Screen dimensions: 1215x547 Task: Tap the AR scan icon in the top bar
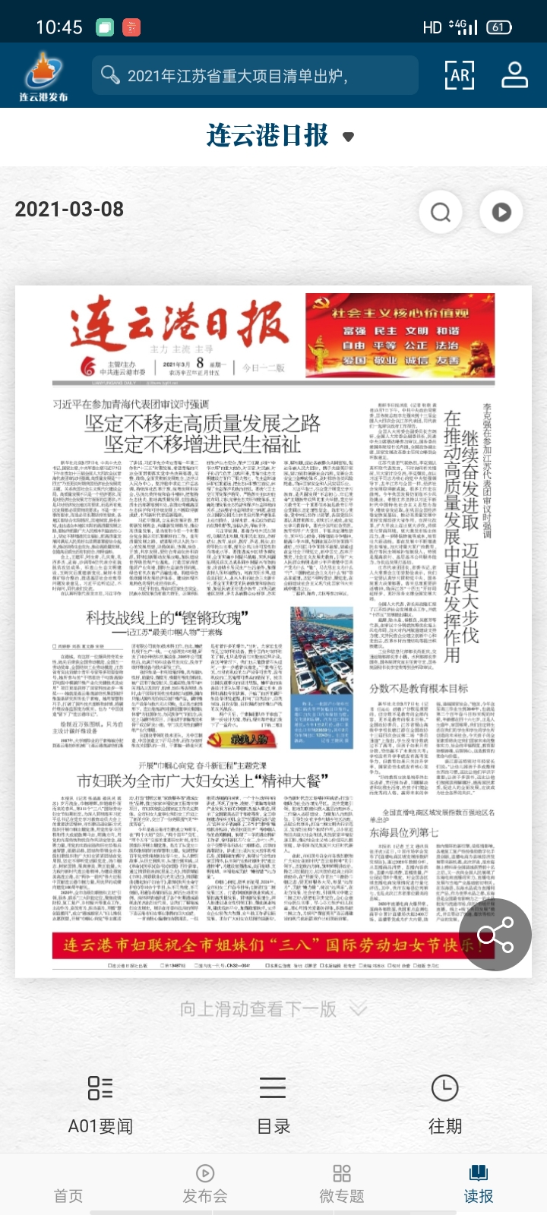pyautogui.click(x=460, y=75)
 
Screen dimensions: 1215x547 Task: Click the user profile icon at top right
pyautogui.click(x=515, y=75)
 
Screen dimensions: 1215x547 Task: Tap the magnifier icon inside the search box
pyautogui.click(x=110, y=75)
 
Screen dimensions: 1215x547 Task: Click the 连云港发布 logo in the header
pyautogui.click(x=43, y=76)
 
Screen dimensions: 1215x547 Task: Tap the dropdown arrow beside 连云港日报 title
pyautogui.click(x=349, y=137)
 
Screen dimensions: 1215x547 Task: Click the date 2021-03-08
pyautogui.click(x=69, y=210)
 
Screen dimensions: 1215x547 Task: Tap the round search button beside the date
pyautogui.click(x=441, y=212)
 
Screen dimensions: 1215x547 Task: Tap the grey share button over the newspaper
pyautogui.click(x=496, y=934)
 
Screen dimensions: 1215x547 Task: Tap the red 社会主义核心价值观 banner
pyautogui.click(x=400, y=335)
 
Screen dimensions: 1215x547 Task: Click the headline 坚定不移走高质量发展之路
pyautogui.click(x=202, y=424)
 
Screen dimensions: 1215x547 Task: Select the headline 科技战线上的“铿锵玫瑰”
pyautogui.click(x=167, y=618)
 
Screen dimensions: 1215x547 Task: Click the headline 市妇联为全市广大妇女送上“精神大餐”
pyautogui.click(x=202, y=780)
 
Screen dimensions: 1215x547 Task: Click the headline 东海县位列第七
pyautogui.click(x=403, y=832)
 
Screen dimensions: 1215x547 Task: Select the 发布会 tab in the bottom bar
pyautogui.click(x=205, y=1185)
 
